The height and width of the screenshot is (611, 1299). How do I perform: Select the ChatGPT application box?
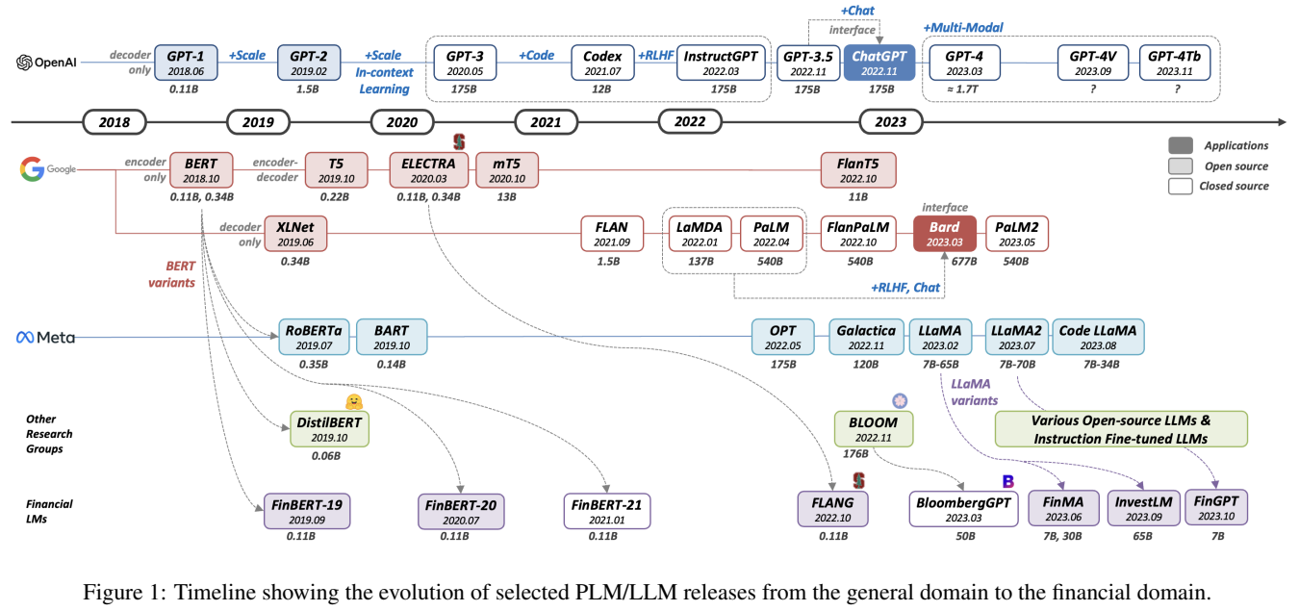pos(879,63)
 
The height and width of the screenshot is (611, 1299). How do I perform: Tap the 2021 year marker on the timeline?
pos(547,121)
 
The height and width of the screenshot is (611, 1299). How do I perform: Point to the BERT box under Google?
pos(200,170)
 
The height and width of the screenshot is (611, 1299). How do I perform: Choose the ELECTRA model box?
pos(429,170)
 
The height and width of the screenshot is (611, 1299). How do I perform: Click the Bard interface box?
pos(944,235)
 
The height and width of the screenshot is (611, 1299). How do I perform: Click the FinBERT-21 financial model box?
pos(607,511)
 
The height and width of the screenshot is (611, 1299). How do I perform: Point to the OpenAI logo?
pos(47,63)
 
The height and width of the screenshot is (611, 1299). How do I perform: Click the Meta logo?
pos(45,338)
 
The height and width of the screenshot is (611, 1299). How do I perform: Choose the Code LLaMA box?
pos(1098,337)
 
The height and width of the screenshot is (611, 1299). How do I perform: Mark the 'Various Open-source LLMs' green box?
pos(1121,429)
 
